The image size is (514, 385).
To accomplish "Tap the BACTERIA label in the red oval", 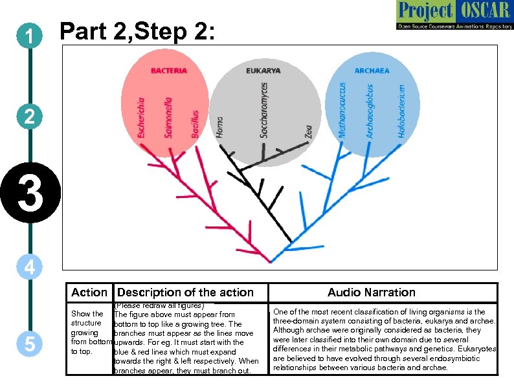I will tap(169, 71).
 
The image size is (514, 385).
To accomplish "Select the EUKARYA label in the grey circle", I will tap(263, 71).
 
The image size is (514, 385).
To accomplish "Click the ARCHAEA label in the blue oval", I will tap(372, 71).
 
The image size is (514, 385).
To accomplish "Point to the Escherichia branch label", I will tap(142, 116).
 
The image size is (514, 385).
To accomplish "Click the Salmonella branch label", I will tap(168, 117).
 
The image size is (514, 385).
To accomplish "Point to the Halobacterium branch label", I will tap(401, 111).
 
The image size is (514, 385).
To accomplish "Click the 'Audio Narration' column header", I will tap(371, 292).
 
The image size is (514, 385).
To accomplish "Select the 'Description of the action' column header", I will tap(185, 292).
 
